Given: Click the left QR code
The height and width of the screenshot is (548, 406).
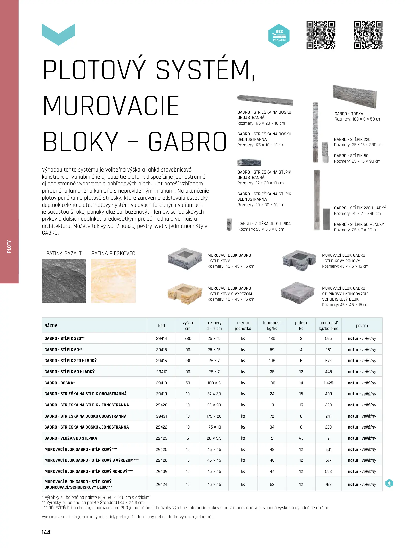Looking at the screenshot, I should click(x=321, y=35).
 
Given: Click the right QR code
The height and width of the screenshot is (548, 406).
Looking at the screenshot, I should click(x=368, y=35).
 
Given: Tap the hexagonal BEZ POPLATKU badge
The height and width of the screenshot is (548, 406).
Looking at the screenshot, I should click(x=279, y=36).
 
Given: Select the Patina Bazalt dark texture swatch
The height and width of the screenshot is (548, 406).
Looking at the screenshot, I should click(x=64, y=281).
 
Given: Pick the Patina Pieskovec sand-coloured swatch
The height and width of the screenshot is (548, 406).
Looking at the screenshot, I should click(x=113, y=281).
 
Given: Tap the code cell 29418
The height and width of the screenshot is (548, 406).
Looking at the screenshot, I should click(x=162, y=383).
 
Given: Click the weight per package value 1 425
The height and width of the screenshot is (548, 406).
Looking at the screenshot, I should click(x=328, y=383).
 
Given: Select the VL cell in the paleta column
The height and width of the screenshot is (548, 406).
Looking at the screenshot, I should click(x=301, y=438).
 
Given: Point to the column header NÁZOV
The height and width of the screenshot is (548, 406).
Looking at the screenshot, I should click(x=51, y=326).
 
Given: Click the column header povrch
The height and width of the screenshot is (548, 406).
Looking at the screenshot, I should click(x=362, y=326).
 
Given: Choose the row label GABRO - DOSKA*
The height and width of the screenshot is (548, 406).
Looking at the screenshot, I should click(x=60, y=383).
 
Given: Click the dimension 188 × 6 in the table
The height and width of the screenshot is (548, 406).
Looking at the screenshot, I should click(x=214, y=383).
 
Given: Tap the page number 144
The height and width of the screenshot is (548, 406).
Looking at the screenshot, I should click(x=46, y=532).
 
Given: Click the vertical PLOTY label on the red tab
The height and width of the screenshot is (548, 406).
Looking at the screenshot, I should click(x=9, y=246).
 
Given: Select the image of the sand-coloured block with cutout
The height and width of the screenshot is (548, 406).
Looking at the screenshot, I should click(x=185, y=294).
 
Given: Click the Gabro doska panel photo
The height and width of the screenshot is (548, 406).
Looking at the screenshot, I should click(x=355, y=96).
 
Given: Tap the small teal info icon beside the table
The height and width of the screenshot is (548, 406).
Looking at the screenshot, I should click(x=389, y=483).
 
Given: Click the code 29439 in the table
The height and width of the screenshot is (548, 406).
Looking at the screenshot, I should click(x=162, y=471).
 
